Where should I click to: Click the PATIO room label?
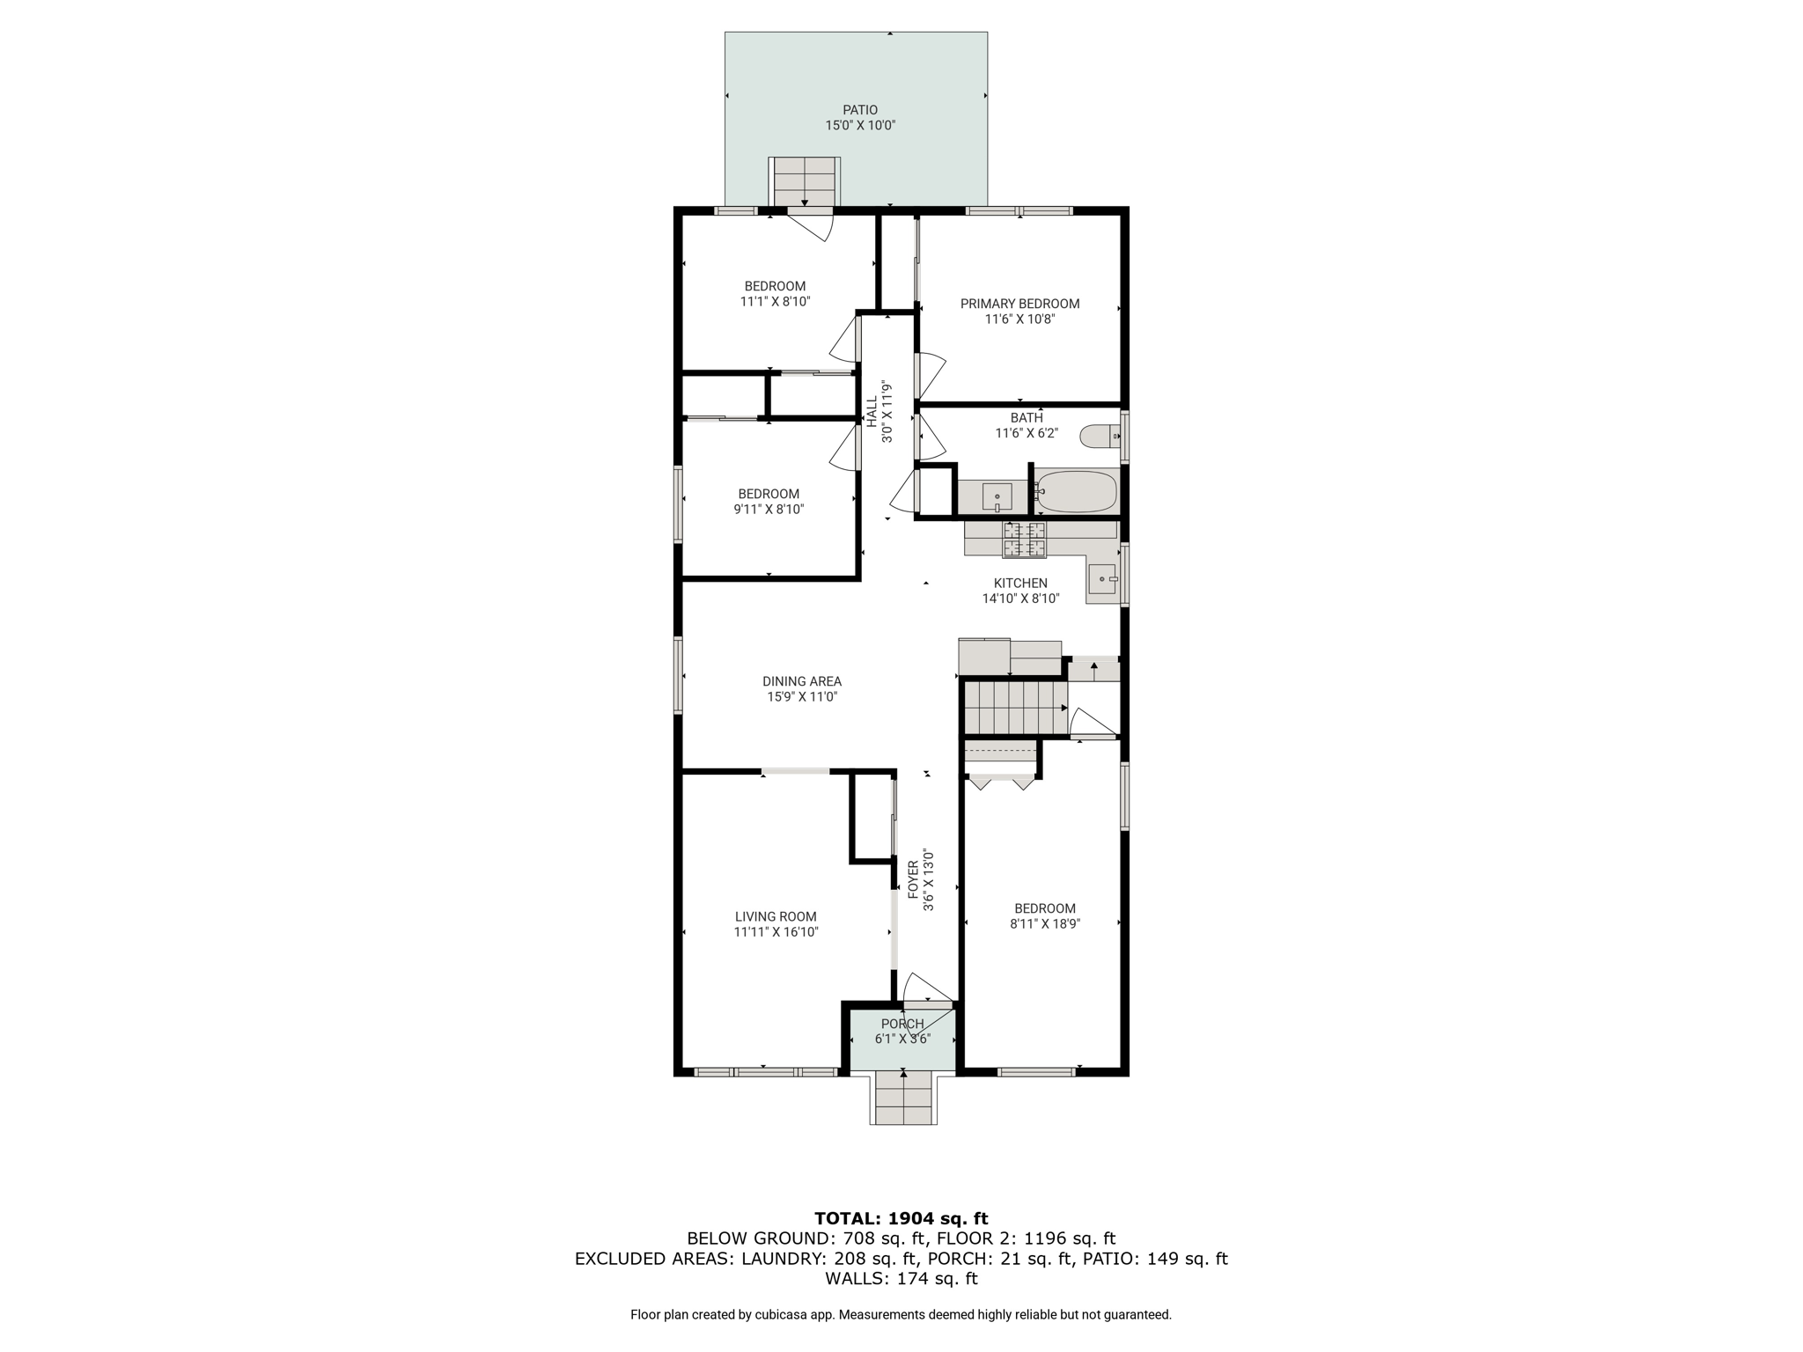[860, 110]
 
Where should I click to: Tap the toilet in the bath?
[1100, 436]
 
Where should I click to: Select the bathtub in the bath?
[1077, 491]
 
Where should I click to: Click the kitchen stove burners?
[1025, 540]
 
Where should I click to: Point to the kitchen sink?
[1103, 578]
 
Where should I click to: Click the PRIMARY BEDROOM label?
[1019, 304]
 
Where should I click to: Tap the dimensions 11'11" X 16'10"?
[776, 932]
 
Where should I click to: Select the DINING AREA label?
[801, 681]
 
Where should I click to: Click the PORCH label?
[902, 1024]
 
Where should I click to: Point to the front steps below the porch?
[903, 1098]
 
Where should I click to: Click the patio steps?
[805, 181]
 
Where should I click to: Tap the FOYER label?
[913, 879]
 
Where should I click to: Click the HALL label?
[872, 412]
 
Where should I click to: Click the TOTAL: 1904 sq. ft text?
[901, 1218]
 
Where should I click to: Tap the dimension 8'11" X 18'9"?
[1045, 924]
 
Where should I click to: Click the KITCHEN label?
[1020, 583]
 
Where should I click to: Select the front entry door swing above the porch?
[924, 988]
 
